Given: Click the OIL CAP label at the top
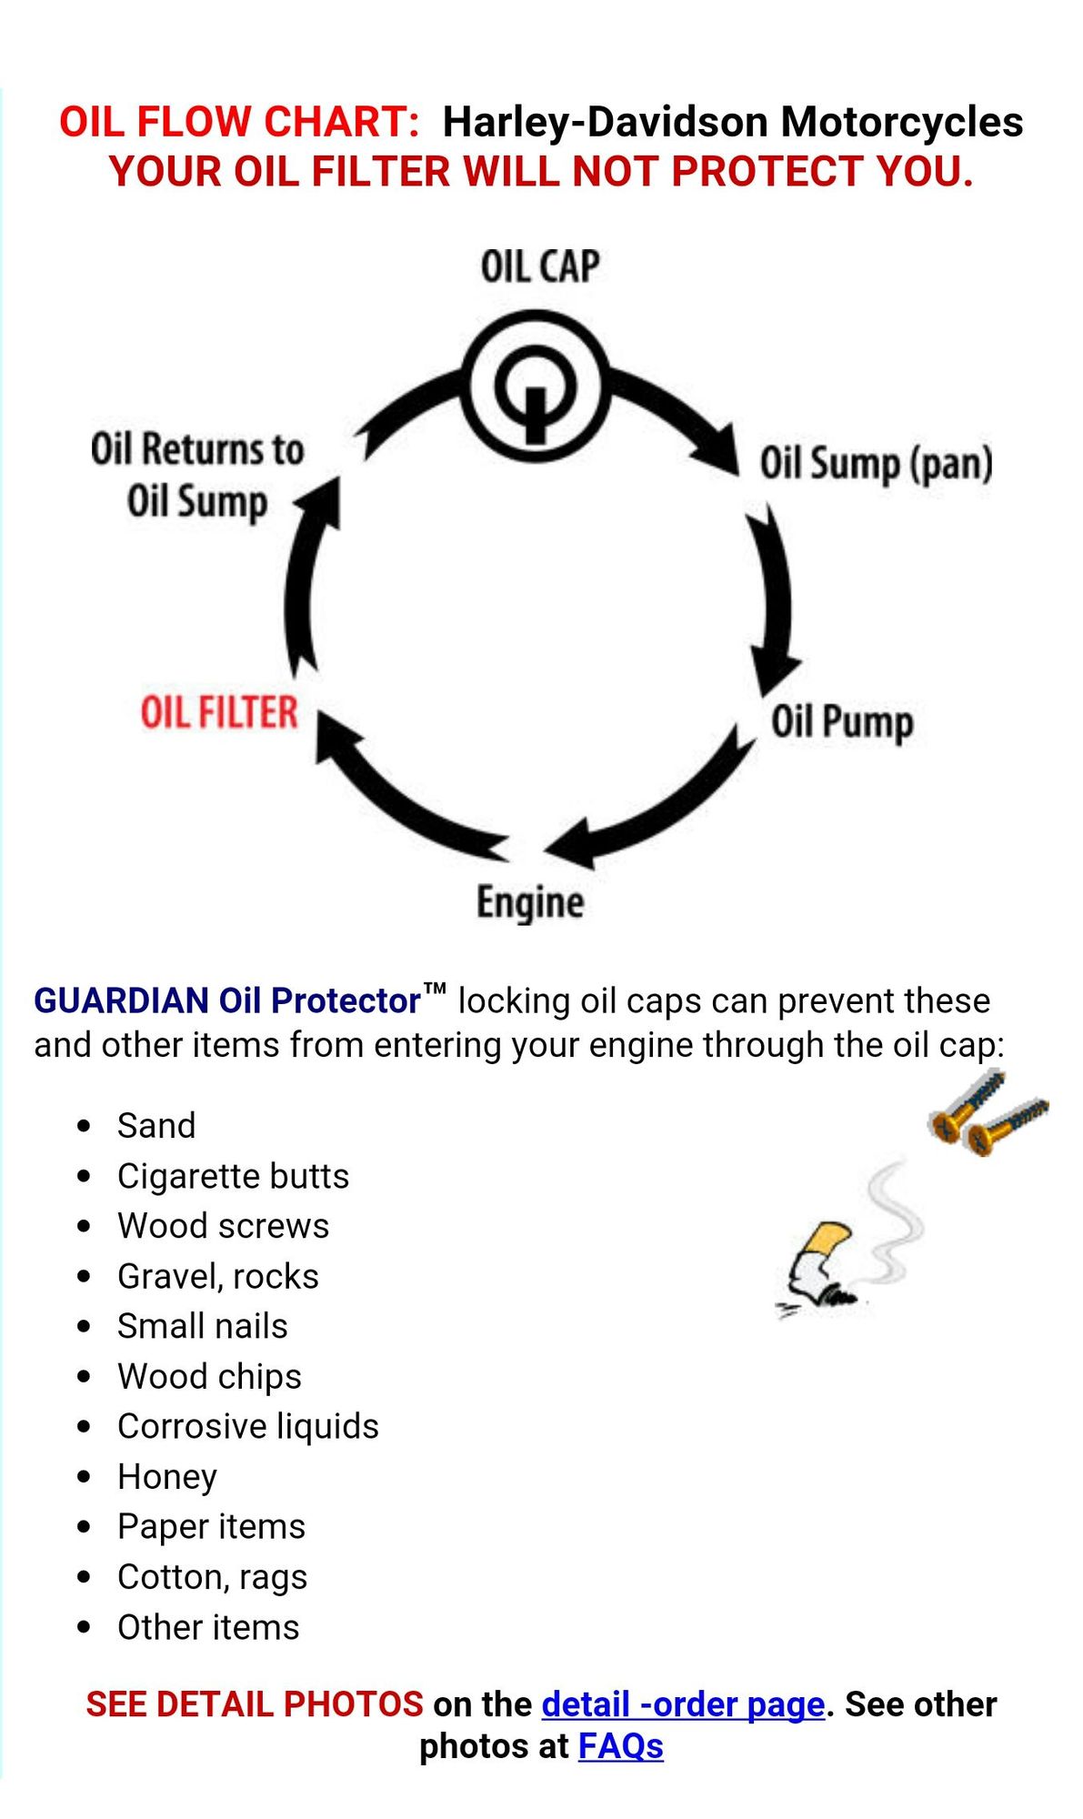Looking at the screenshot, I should pos(539,267).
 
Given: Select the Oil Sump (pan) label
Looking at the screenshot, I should pos(876,464).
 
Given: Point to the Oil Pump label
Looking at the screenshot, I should pos(842,722).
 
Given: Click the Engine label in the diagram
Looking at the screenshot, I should pos(530,903).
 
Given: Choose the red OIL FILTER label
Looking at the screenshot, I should pos(219,712).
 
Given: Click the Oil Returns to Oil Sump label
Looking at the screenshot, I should pos(196,476).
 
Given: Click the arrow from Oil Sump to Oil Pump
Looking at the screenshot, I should pos(774,601).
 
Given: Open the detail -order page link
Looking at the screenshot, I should pos(683,1704).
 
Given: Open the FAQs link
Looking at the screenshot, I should pos(620,1746).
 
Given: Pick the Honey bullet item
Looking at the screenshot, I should pos(167,1476).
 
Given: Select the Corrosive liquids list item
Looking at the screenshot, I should pos(247,1426).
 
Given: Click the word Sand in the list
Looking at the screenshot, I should pos(156,1126).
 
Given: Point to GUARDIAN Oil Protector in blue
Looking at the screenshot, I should pos(227,1000).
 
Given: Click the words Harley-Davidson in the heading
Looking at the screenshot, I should pos(605,122).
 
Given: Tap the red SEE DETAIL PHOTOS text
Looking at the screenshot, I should pos(255,1704).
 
